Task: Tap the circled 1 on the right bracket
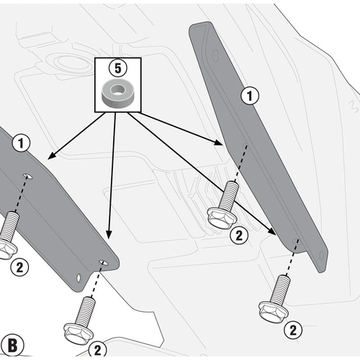click(250, 94)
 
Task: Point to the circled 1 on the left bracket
click(22, 143)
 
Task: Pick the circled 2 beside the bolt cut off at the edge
click(19, 266)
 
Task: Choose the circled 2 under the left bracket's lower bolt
click(96, 349)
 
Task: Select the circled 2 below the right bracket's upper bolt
click(238, 234)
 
